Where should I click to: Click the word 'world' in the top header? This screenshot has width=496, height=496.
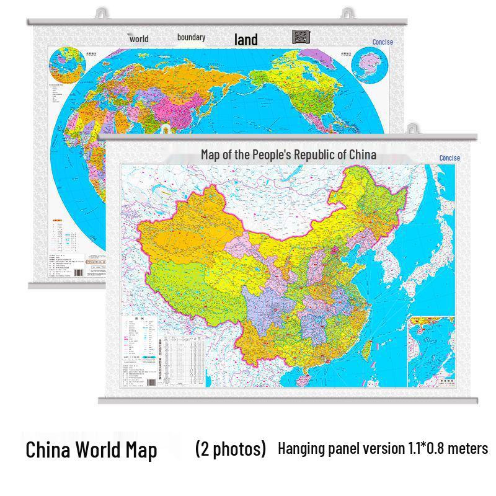[139, 39]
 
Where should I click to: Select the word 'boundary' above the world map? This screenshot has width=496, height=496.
[191, 38]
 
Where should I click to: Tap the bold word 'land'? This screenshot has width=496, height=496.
[246, 40]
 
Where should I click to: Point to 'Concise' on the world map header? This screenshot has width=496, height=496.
[383, 42]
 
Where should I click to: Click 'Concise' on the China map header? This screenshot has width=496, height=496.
[449, 158]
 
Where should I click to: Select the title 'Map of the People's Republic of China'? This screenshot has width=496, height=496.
[288, 154]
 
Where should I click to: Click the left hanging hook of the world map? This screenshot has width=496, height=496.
[102, 12]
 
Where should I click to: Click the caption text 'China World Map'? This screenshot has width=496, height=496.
[91, 449]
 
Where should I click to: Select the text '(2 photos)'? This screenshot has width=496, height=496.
[230, 448]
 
